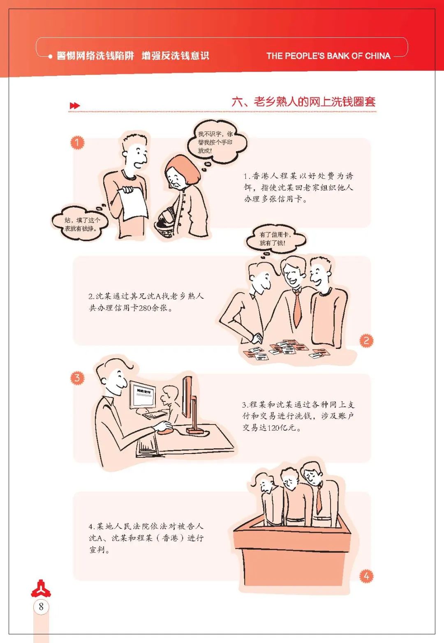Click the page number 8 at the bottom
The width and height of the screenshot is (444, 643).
coord(41,606)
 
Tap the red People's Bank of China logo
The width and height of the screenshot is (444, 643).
coord(41,588)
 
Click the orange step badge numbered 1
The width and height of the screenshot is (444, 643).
coord(77,143)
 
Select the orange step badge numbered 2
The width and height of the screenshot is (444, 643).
coord(366,341)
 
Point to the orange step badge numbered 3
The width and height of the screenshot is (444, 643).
coord(77,378)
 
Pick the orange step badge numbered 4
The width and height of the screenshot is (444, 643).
coord(366,576)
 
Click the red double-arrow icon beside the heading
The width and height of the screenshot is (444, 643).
coord(75,106)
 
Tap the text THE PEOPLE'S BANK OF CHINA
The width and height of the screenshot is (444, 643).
coord(328,56)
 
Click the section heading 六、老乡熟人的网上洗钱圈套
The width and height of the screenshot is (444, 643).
coord(303,102)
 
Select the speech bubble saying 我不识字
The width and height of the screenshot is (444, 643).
coord(216,142)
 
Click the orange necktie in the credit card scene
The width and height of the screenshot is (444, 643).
coord(298,308)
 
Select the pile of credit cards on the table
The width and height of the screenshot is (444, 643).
coord(284,349)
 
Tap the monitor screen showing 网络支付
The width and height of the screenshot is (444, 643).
coord(143,396)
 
